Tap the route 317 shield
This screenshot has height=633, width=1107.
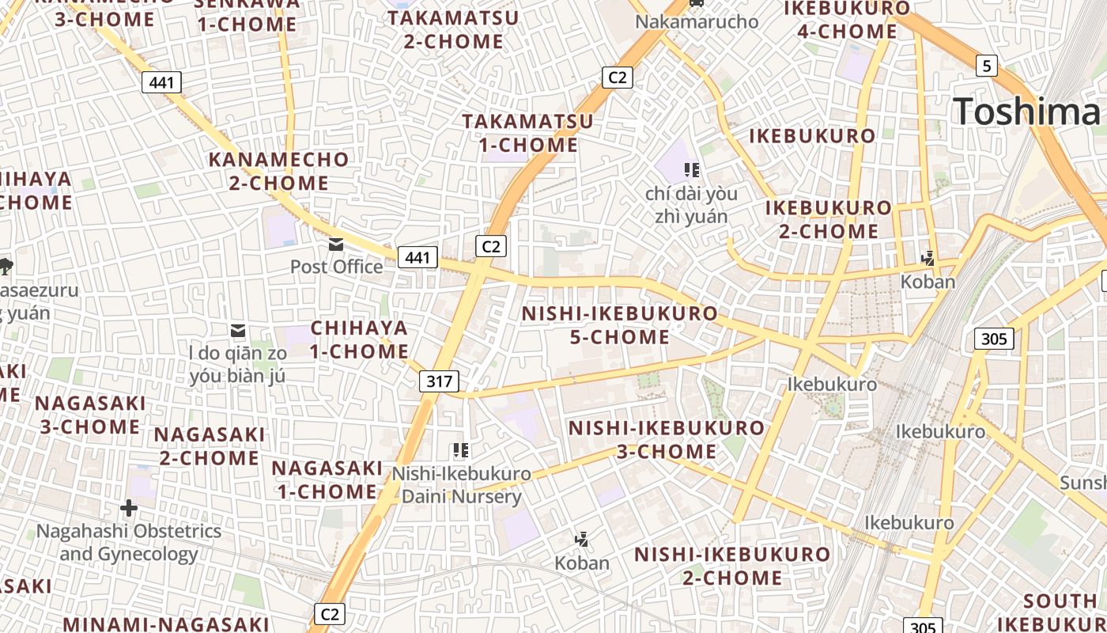[439, 381]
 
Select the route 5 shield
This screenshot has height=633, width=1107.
[986, 66]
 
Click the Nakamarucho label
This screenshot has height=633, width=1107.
[697, 21]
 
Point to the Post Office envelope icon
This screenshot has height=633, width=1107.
[336, 244]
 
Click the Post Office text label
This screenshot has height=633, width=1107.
[336, 267]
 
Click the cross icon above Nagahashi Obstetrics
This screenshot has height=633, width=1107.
[129, 507]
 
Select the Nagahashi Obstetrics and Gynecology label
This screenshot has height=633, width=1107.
[129, 542]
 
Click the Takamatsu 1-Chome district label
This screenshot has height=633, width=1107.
[528, 133]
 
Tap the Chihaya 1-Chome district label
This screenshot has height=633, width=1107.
[359, 339]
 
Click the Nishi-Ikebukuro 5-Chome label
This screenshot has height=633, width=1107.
[619, 325]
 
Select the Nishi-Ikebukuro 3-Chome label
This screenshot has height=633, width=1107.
[667, 440]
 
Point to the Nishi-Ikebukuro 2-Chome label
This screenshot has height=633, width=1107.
[732, 566]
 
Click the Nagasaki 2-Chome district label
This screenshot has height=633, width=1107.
[210, 446]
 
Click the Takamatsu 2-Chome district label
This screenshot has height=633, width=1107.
[454, 29]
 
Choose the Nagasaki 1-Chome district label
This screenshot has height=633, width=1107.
[327, 479]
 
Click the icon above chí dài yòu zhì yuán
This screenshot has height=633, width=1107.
[692, 170]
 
